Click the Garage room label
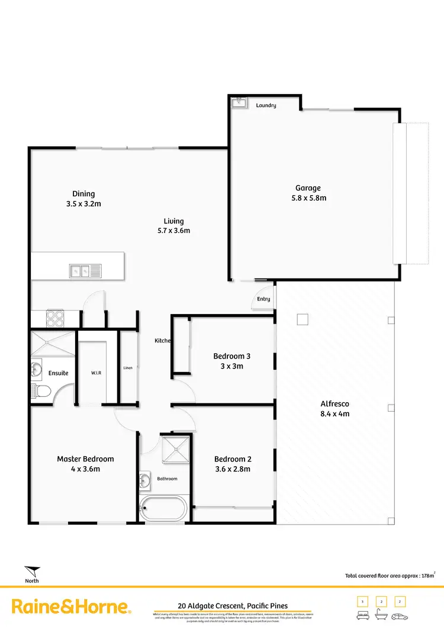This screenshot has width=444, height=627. pos(308,188)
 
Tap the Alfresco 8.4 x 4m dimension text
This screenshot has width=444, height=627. pos(334,414)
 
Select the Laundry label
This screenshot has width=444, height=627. pos(266,105)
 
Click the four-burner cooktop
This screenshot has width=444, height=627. pos(55,318)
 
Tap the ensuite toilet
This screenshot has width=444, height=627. pos(40,390)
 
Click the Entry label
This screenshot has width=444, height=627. pos(263,299)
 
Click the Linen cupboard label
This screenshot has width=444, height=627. pos(128,368)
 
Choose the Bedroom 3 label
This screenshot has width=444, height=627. pos(232,356)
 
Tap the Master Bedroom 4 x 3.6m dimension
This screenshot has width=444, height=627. pos(86,469)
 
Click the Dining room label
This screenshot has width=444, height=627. pos(83,193)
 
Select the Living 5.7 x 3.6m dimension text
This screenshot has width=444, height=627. pos(173,231)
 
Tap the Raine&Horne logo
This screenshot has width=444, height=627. pos(71,607)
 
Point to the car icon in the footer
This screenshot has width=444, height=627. pos(399,615)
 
